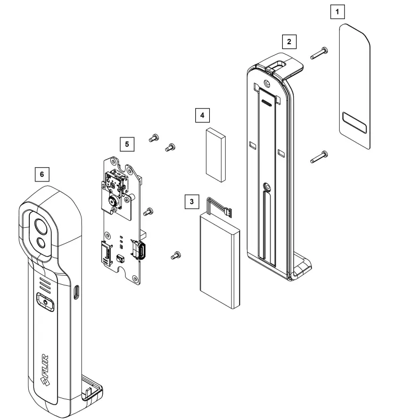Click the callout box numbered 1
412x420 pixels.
tap(337, 10)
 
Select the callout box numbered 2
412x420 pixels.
tap(289, 41)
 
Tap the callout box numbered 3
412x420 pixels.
tap(192, 202)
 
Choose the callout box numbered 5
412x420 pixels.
tap(126, 144)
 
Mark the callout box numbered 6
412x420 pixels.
tap(42, 174)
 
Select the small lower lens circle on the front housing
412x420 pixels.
tap(41, 244)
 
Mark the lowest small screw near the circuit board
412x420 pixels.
tap(175, 256)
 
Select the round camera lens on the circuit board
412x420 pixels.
tap(112, 201)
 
